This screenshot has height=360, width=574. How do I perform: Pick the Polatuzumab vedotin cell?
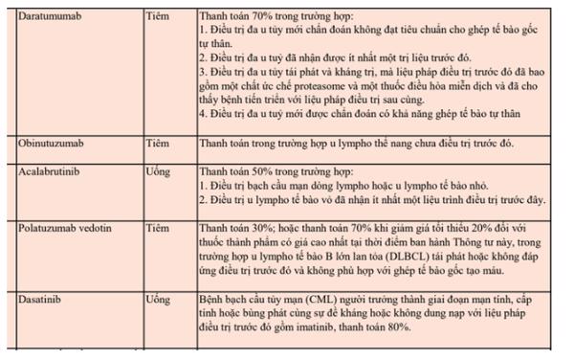pyautogui.click(x=62, y=231)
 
